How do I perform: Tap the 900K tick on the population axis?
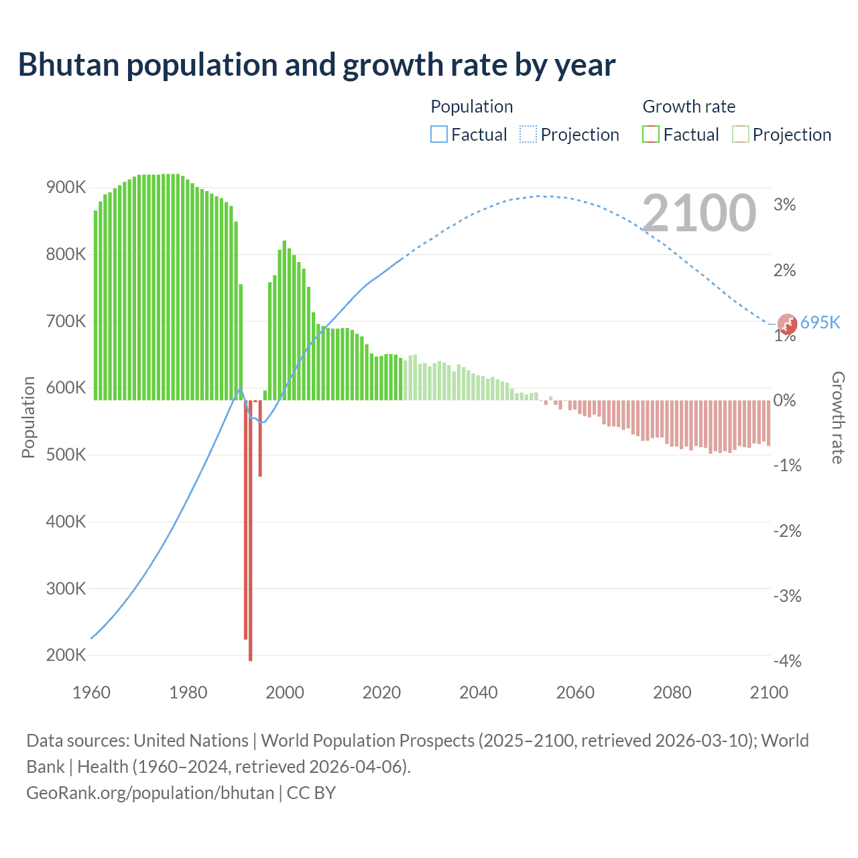66,188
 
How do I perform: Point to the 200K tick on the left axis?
66,655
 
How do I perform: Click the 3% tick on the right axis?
784,205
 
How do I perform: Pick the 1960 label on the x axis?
91,692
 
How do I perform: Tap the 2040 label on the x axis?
479,692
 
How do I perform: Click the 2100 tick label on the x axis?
769,692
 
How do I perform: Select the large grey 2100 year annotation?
699,213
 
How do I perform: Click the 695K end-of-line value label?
820,322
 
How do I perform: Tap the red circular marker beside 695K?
787,324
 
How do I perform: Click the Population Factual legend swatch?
438,135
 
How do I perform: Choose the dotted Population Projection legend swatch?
528,135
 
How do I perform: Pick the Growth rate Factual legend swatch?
651,135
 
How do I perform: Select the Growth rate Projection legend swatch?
741,135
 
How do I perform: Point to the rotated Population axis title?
28,417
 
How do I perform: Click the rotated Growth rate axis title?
838,418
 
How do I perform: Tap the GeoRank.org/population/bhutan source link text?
150,793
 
